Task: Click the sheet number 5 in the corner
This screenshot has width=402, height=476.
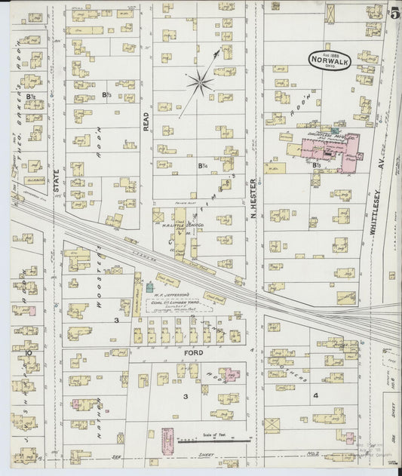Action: click(x=395, y=12)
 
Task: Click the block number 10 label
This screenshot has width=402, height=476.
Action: click(x=27, y=352)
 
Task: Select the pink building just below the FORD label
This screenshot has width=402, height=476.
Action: click(x=232, y=373)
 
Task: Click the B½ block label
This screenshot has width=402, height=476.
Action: click(x=31, y=96)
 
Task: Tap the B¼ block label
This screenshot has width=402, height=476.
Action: click(x=202, y=165)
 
